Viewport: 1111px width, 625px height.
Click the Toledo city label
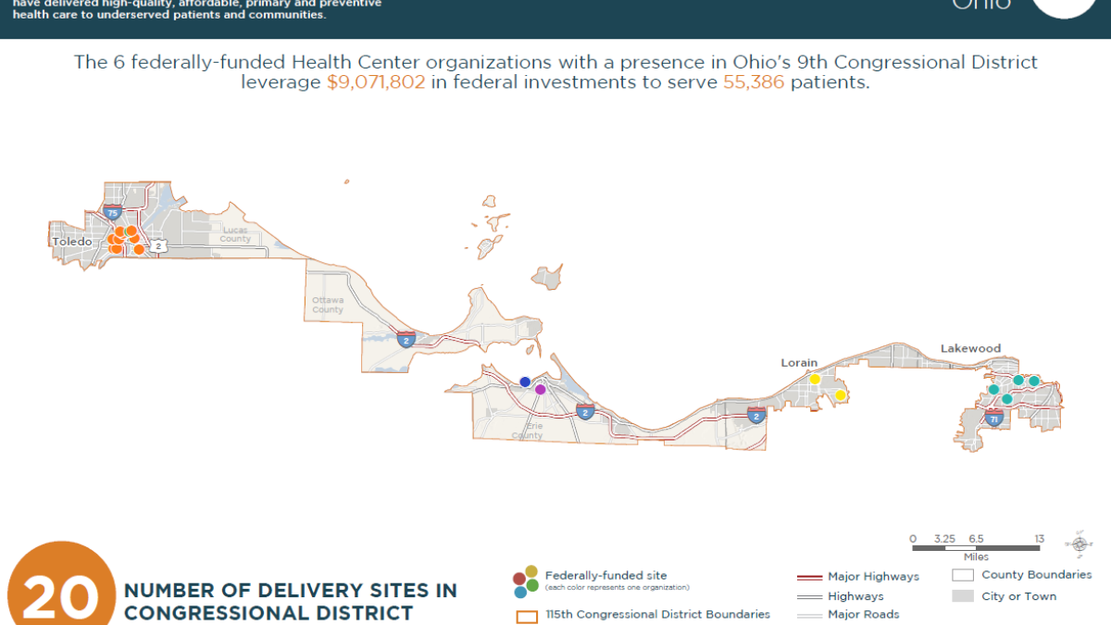(72, 242)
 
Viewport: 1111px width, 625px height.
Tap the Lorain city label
(800, 364)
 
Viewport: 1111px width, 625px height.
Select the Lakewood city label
(970, 348)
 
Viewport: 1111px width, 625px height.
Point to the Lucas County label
(235, 233)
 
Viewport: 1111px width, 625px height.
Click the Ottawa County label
(328, 305)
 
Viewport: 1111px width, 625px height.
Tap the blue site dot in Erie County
(525, 381)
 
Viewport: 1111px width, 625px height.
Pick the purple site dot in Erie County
(541, 390)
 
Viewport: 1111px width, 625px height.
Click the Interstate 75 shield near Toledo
(112, 212)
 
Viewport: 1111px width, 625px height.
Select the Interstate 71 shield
(994, 419)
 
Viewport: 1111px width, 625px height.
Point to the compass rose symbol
(1080, 544)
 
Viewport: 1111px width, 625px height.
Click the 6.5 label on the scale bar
(976, 539)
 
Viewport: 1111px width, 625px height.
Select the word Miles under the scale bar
(976, 556)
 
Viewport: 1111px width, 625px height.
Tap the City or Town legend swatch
(964, 596)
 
